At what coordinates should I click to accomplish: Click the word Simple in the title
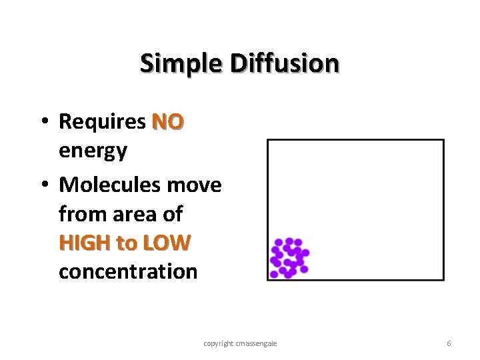click(x=182, y=64)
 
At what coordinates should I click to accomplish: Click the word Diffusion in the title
click(x=285, y=64)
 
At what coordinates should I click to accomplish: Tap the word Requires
click(x=102, y=123)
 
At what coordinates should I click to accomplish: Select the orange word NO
click(x=168, y=123)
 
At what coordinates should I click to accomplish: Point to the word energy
click(x=93, y=151)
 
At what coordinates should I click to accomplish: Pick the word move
click(x=198, y=185)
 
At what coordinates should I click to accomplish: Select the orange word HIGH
click(x=85, y=243)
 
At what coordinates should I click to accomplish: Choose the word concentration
click(x=128, y=272)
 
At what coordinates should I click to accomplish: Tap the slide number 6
click(x=449, y=343)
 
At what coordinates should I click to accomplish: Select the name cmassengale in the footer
click(x=258, y=343)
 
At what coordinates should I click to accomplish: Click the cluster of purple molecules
click(x=289, y=257)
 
